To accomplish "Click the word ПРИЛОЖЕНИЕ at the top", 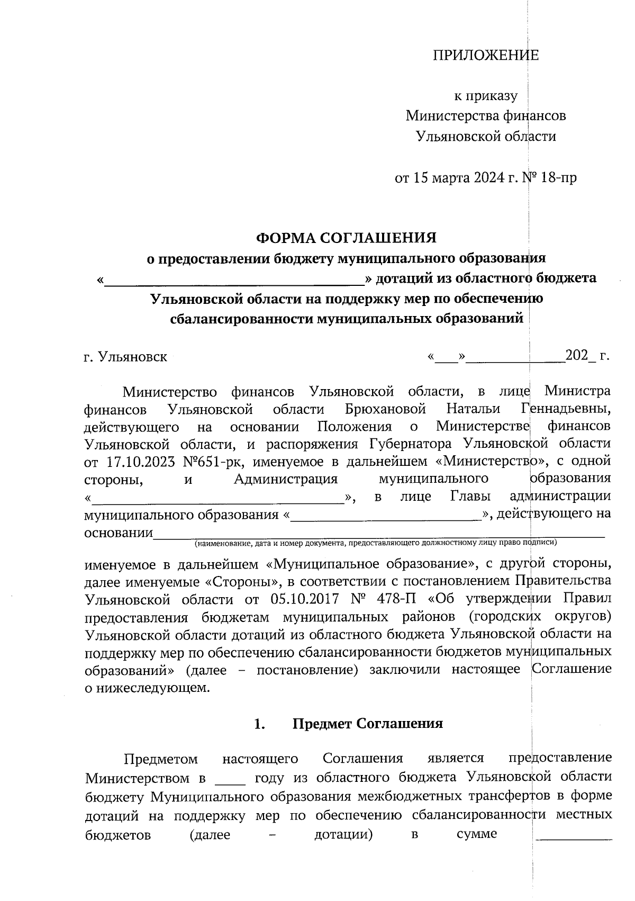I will click(485, 56).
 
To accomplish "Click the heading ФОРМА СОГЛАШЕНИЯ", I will click(347, 238).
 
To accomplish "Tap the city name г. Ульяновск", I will click(125, 357).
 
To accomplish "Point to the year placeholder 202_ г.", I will click(587, 356).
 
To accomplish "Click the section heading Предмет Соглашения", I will click(367, 724).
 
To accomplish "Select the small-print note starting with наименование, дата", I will click(376, 543).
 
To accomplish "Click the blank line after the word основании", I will click(378, 533).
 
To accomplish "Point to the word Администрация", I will click(286, 479).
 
